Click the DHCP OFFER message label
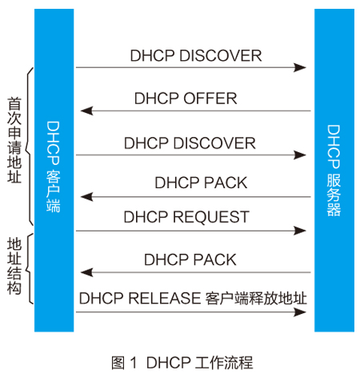point(186,99)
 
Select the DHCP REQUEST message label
point(186,216)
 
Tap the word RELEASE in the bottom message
point(164,298)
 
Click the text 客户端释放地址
point(256,298)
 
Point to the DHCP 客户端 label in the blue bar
point(54,167)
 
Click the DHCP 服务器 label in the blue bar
point(334,171)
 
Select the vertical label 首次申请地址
point(14,140)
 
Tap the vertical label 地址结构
point(14,266)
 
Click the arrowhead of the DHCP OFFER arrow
point(86,111)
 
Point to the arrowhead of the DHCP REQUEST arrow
point(300,231)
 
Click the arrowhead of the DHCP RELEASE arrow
point(300,312)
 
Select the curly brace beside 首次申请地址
point(29,147)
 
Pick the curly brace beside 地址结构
point(29,269)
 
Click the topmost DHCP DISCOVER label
point(196,56)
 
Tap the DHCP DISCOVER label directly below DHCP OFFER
point(190,143)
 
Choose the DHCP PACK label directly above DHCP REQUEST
point(201,183)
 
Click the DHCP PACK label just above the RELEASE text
point(190,259)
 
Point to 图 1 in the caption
point(124,363)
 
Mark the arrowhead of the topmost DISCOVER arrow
point(300,67)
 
